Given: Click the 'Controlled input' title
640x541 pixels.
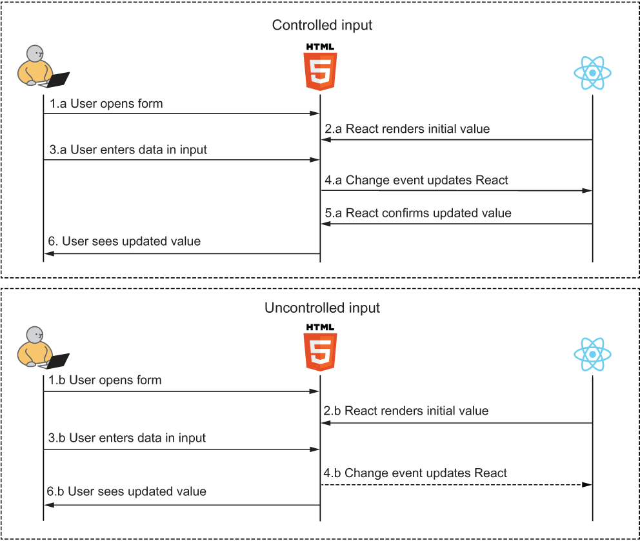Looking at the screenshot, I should pos(322,26).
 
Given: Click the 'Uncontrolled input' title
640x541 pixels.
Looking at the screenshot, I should pos(322,308).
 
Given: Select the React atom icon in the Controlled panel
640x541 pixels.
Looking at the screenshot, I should pos(592,74).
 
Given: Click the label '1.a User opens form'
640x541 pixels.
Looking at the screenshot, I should pos(106,103).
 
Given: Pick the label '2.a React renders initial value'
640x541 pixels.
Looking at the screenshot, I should pos(407,129).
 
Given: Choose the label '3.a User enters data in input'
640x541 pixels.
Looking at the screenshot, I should pos(128,150).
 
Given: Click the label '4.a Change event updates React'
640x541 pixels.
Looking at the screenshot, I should pos(416,181).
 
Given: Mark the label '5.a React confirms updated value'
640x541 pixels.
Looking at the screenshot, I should pos(418,213).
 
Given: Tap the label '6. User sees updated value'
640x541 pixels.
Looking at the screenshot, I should pos(125,242).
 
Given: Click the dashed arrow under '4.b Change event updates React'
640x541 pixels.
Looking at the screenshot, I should pos(457,484).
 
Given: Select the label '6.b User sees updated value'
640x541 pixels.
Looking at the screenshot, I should pos(126,491).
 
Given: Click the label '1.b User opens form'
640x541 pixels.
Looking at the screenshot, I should pos(105,380).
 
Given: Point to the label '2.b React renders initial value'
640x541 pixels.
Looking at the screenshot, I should pos(406,411).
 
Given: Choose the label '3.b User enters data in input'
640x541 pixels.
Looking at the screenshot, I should pos(127,438).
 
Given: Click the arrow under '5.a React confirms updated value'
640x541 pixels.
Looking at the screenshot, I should pos(457,224).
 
